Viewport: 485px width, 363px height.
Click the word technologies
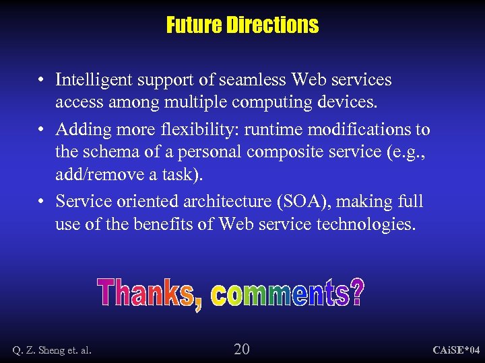(365, 224)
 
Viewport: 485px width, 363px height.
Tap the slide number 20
(241, 348)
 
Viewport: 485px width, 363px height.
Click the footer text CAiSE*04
(456, 350)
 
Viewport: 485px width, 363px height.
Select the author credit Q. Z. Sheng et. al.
(52, 350)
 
